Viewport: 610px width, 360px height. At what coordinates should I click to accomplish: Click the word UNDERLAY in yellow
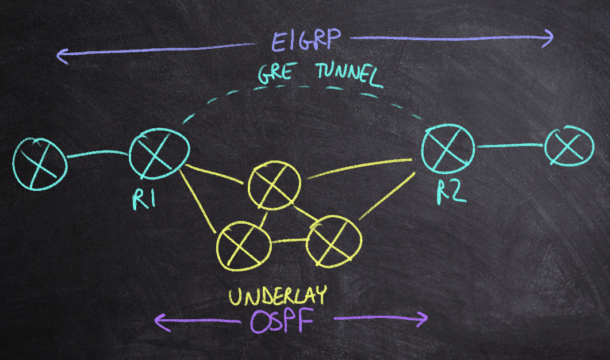[x=277, y=296]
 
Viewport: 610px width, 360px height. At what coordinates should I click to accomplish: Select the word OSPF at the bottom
[x=281, y=322]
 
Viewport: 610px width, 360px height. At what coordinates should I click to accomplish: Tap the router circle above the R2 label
[x=448, y=148]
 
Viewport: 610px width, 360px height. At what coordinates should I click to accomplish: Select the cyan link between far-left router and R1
[x=98, y=154]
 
